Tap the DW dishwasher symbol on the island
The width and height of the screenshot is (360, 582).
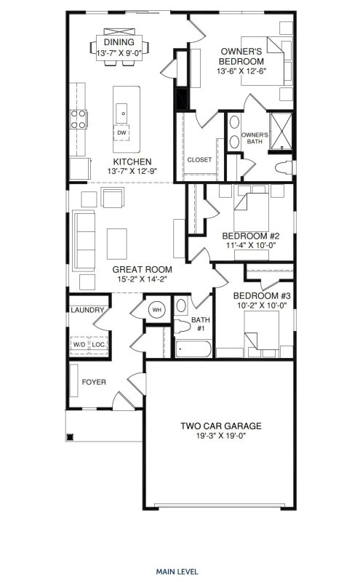121,133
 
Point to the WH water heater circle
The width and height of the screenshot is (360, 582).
156,310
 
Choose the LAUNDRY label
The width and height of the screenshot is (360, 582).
87,311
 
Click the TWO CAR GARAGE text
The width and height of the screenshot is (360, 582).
220,426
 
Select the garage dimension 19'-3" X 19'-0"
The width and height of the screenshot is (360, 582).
220,437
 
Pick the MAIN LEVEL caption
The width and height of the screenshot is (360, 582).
179,551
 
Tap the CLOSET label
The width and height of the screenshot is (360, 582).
199,159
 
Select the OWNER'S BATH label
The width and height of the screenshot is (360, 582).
255,138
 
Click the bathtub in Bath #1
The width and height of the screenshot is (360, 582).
194,348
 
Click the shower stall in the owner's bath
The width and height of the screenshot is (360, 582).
280,130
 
